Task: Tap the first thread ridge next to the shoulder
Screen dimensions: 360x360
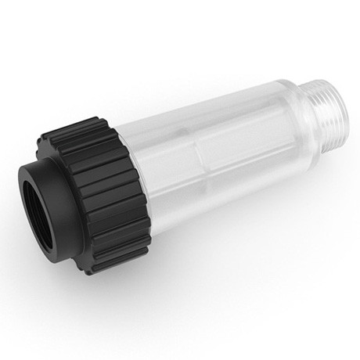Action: (x=277, y=110)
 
